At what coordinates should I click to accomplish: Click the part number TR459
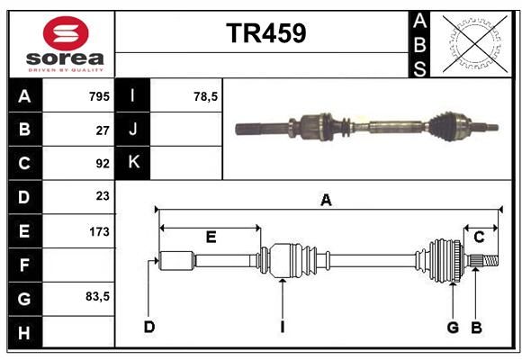[x=266, y=33]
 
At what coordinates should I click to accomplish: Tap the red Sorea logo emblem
[x=66, y=33]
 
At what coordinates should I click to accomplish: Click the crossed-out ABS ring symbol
[x=475, y=43]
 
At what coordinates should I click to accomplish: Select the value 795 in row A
[x=99, y=96]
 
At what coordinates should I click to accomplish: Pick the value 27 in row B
[x=103, y=130]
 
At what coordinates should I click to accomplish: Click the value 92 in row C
[x=103, y=164]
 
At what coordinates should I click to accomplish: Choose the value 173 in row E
[x=99, y=231]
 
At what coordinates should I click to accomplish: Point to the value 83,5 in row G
[x=97, y=296]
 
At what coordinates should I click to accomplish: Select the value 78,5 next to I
[x=205, y=96]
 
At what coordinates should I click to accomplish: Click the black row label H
[x=24, y=333]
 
